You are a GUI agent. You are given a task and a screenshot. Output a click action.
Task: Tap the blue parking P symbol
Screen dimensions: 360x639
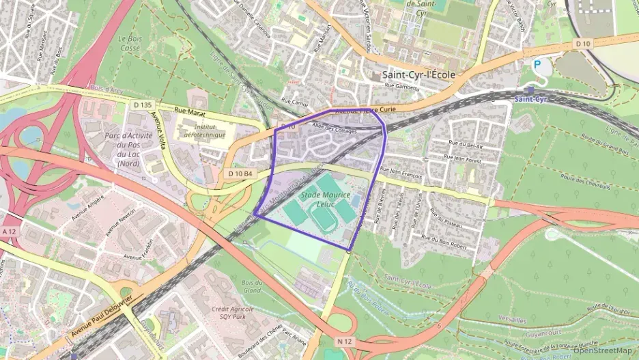coord(538,65)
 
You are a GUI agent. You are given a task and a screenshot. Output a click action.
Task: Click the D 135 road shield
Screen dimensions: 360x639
coord(143,105)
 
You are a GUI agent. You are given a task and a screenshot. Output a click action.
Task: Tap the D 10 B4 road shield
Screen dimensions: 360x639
coord(240,174)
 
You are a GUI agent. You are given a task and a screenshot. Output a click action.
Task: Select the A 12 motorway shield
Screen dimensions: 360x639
coord(8,232)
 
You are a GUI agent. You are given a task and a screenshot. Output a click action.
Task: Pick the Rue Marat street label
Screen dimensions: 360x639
coord(190,109)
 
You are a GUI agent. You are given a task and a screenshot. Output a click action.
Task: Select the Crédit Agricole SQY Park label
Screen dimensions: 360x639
coord(232,313)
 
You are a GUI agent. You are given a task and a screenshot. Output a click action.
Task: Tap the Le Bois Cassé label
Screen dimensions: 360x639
coord(128,44)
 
